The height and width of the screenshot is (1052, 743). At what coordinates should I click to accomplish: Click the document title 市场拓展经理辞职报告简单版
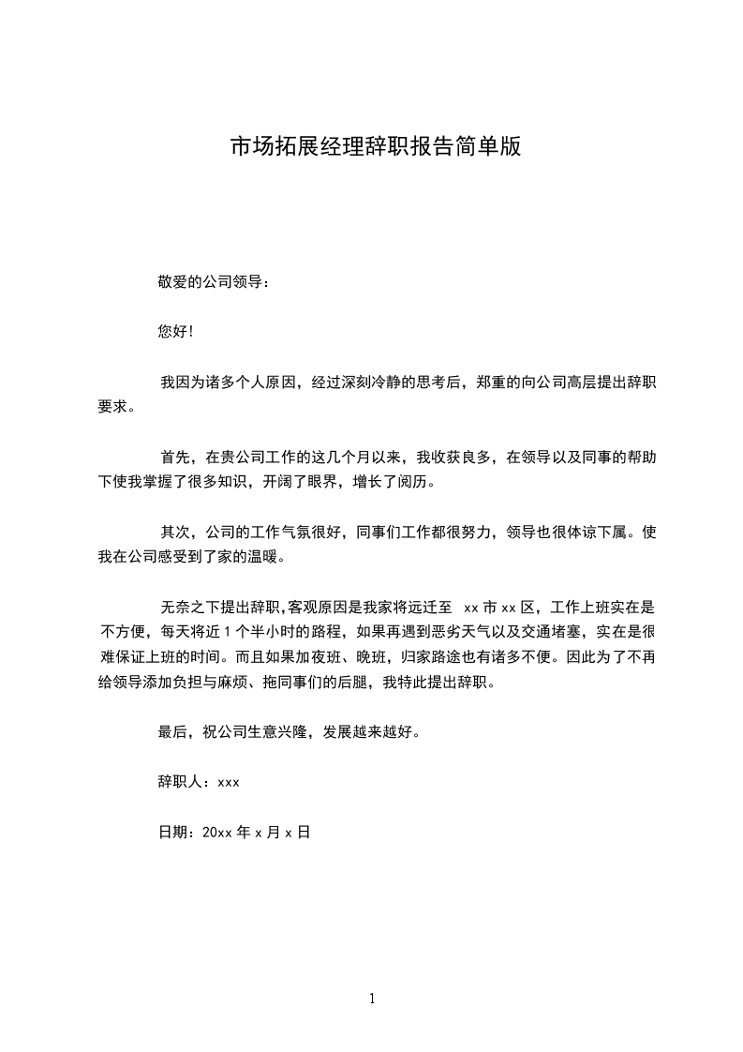375,147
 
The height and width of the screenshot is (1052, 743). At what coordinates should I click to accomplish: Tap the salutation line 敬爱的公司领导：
214,281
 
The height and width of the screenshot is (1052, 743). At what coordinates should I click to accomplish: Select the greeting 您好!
175,332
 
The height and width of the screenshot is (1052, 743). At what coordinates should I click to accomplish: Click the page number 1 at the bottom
372,999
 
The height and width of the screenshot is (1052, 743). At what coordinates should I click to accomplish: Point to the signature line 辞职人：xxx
199,781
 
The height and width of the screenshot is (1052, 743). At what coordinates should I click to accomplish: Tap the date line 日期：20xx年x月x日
233,831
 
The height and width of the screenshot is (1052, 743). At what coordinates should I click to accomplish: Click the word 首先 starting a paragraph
175,458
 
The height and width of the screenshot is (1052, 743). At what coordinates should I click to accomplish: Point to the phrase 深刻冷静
369,383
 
